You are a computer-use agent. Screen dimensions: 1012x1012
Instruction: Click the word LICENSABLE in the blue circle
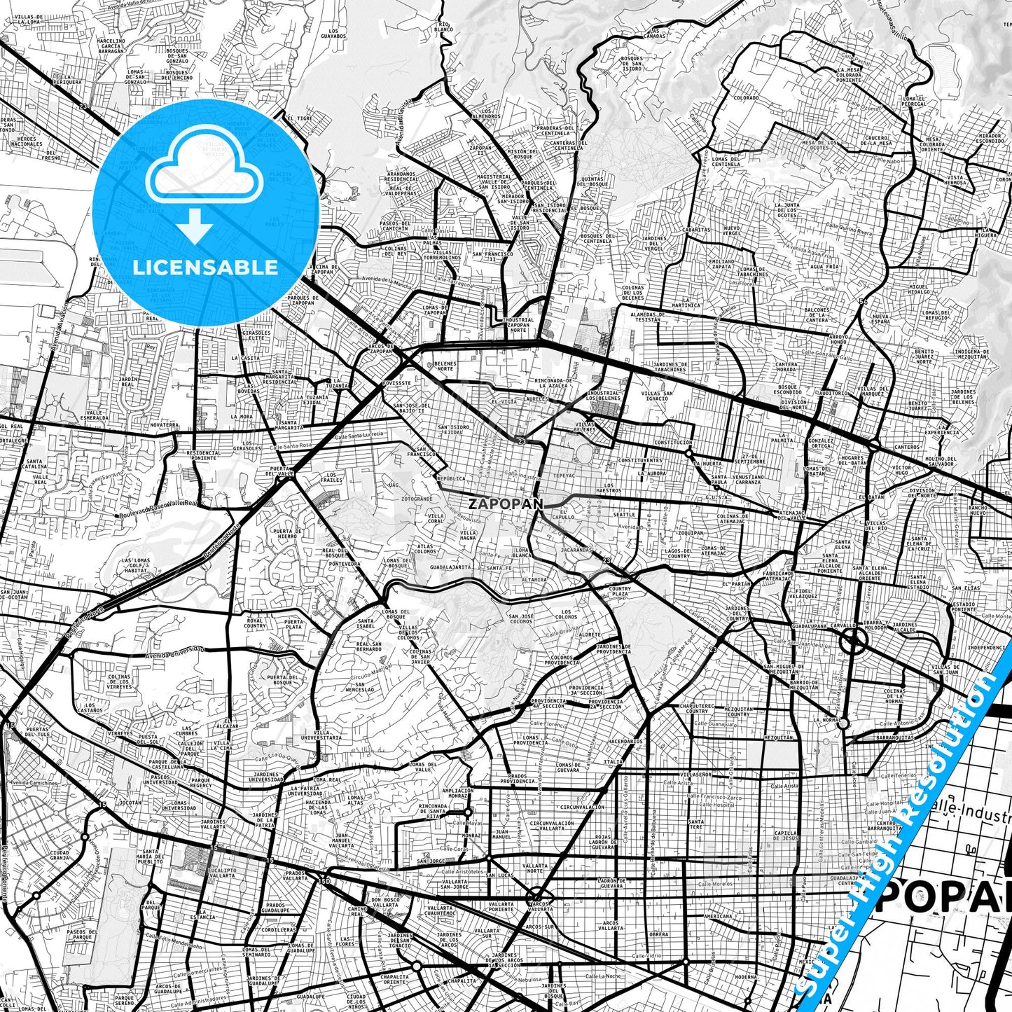[205, 268]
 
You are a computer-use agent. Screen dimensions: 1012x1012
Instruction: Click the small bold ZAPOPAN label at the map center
[499, 503]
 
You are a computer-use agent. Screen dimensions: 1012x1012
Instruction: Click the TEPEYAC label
[563, 473]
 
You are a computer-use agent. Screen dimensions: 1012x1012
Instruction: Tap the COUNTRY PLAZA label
[620, 591]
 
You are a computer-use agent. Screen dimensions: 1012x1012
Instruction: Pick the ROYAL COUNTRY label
[255, 623]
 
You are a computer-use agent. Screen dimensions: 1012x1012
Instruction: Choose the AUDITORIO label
[833, 393]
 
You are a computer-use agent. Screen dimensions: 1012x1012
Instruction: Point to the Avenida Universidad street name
[172, 653]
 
